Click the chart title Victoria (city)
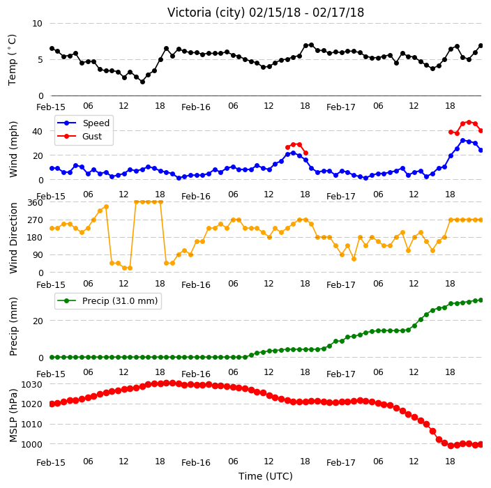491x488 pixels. (206, 13)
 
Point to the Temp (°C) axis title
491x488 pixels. (12, 60)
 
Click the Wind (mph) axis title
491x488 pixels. (13, 149)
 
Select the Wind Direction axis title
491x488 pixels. (13, 238)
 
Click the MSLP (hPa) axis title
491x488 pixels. (13, 415)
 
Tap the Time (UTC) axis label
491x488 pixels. (266, 476)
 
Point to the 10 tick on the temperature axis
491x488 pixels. (37, 24)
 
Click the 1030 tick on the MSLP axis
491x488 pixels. (31, 384)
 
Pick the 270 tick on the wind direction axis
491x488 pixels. (35, 220)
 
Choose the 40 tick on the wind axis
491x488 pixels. (37, 131)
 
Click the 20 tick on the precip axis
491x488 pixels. (37, 321)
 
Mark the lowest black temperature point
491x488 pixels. (142, 82)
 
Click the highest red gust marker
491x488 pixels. (469, 122)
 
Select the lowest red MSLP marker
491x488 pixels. (451, 445)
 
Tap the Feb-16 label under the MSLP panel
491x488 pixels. (196, 463)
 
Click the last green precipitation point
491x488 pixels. (481, 300)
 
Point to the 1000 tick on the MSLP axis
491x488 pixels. (31, 445)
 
